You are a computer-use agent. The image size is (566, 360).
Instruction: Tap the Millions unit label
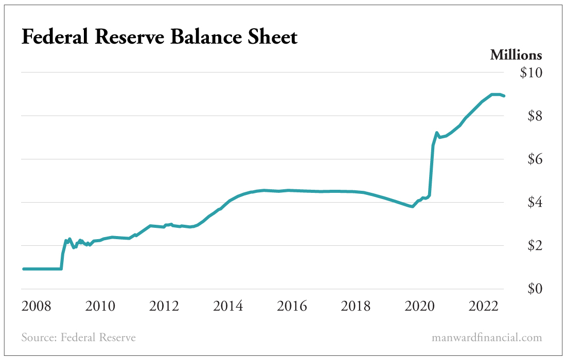[516, 55]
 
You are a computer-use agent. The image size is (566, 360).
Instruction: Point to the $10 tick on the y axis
[530, 73]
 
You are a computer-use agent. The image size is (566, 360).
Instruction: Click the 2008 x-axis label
[37, 307]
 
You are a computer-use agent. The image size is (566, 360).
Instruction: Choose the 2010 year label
[100, 307]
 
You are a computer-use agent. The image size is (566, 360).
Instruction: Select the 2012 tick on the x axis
[164, 307]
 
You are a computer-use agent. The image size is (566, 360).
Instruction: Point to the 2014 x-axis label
[228, 307]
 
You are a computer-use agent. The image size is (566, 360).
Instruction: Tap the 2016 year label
[292, 307]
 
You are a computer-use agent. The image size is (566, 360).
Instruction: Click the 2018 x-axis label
[356, 307]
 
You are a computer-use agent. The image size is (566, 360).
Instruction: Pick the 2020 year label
[419, 307]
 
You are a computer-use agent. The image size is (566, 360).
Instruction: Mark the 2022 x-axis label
[483, 307]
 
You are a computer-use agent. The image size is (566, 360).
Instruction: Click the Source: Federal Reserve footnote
[79, 338]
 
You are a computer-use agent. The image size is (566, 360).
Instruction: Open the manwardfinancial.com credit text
[487, 338]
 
